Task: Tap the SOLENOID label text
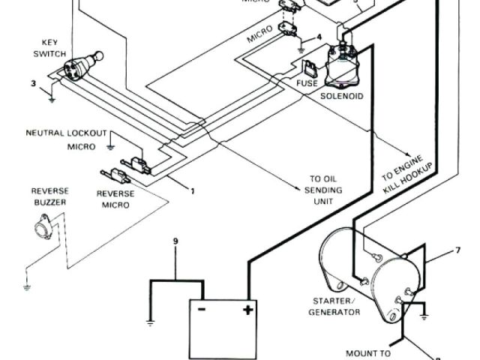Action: (x=342, y=96)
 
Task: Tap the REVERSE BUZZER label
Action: (x=49, y=196)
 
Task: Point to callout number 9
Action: (x=176, y=242)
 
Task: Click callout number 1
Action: (x=192, y=190)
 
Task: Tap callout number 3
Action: (x=33, y=82)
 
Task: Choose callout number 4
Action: (x=319, y=36)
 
